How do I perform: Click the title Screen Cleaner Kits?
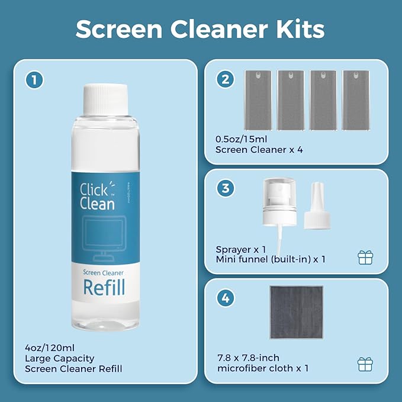click(x=201, y=28)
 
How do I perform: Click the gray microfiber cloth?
click(x=297, y=312)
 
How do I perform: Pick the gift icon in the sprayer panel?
click(x=365, y=257)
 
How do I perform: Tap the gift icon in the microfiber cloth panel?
click(x=365, y=363)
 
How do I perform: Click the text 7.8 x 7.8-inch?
click(x=247, y=358)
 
